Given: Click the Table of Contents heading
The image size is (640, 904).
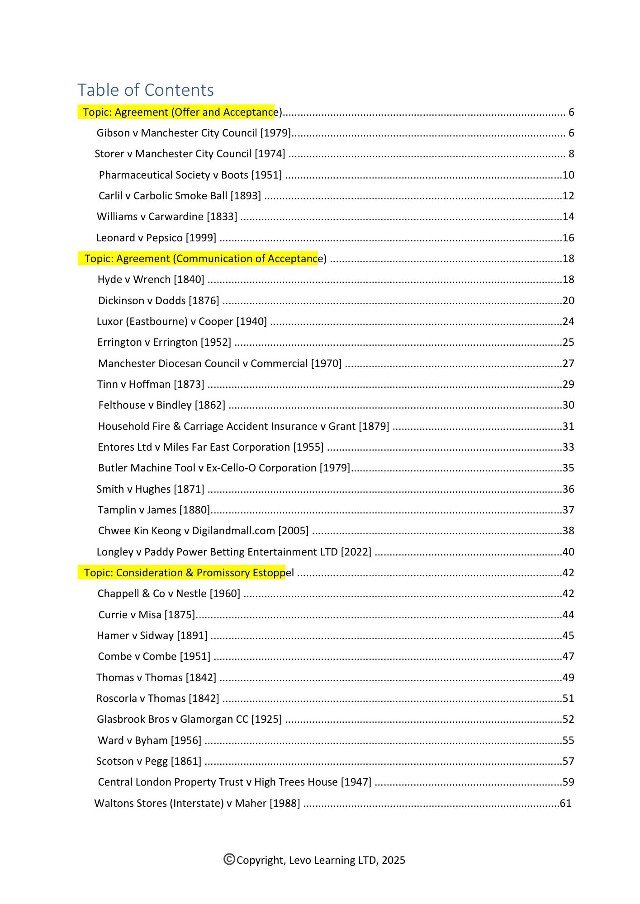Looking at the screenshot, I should (145, 90).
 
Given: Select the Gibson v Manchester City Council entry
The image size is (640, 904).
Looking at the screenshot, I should (193, 133).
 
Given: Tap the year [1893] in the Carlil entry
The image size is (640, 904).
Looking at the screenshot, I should (246, 196).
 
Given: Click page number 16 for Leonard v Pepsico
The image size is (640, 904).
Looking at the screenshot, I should (568, 238).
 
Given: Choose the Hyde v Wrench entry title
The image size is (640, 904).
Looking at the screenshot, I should (151, 279).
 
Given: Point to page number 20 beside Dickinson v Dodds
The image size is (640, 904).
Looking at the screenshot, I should (568, 301).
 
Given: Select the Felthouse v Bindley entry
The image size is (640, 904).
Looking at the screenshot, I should (161, 405).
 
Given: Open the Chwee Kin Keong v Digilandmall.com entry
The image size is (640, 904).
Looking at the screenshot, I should (203, 531).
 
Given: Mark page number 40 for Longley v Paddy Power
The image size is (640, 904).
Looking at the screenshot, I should (568, 552).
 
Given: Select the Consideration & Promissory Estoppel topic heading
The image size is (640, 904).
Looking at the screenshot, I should (189, 573).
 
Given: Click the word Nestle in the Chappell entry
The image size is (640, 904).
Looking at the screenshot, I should (191, 593).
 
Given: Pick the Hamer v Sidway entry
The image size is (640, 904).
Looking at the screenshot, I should (152, 636).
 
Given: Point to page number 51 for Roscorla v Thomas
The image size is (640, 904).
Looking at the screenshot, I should (568, 698).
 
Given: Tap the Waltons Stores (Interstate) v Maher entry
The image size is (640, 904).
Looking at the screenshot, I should (197, 803).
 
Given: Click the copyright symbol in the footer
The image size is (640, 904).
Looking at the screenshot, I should (229, 859).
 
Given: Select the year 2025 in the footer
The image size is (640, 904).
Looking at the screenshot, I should (393, 860).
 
